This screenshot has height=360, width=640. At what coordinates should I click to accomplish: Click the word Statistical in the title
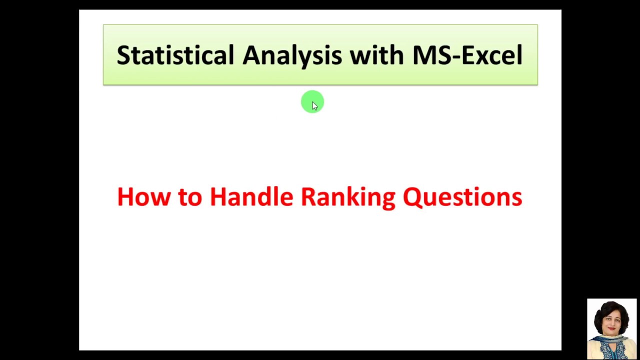tap(175, 55)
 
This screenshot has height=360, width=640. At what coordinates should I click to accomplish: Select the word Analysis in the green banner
tap(292, 55)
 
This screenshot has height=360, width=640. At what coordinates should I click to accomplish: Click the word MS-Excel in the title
tap(467, 55)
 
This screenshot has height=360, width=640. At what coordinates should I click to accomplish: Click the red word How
tap(144, 197)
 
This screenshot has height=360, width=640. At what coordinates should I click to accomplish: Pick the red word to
tap(189, 197)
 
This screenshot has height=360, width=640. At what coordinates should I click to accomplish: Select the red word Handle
tap(251, 197)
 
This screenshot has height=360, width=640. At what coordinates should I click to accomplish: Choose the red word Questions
tap(462, 197)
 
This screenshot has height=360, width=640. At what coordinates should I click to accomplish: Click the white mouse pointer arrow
tap(314, 105)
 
